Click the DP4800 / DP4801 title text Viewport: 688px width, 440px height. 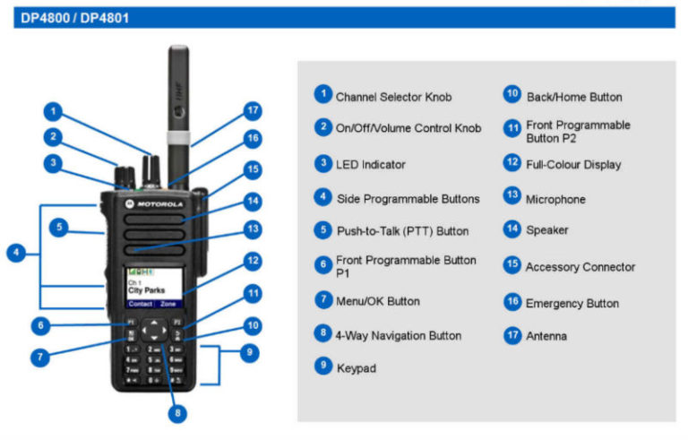tap(74, 18)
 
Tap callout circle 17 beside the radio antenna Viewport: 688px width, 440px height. tap(253, 110)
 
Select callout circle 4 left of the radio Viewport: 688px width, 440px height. tap(16, 253)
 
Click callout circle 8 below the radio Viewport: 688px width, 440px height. tap(177, 413)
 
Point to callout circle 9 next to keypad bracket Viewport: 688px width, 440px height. tap(249, 352)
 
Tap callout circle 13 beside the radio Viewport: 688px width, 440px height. tap(253, 229)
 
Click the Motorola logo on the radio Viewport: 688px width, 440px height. tap(154, 203)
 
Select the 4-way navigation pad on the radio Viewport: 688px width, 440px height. tap(154, 330)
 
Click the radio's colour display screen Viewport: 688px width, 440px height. tap(154, 288)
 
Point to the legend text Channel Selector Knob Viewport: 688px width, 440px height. tap(393, 97)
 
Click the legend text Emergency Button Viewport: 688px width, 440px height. tap(572, 304)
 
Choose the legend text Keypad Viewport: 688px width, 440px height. tap(357, 368)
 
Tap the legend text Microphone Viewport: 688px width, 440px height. tap(555, 199)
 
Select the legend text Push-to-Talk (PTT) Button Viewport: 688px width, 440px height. tap(403, 231)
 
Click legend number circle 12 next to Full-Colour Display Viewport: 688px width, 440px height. tap(512, 163)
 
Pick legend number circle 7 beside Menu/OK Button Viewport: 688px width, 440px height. tap(323, 300)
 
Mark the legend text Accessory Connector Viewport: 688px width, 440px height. tap(580, 267)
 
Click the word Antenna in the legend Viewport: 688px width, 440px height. tap(546, 336)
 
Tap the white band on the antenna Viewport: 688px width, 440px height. tap(178, 137)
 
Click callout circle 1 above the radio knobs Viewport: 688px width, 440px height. tap(53, 111)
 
